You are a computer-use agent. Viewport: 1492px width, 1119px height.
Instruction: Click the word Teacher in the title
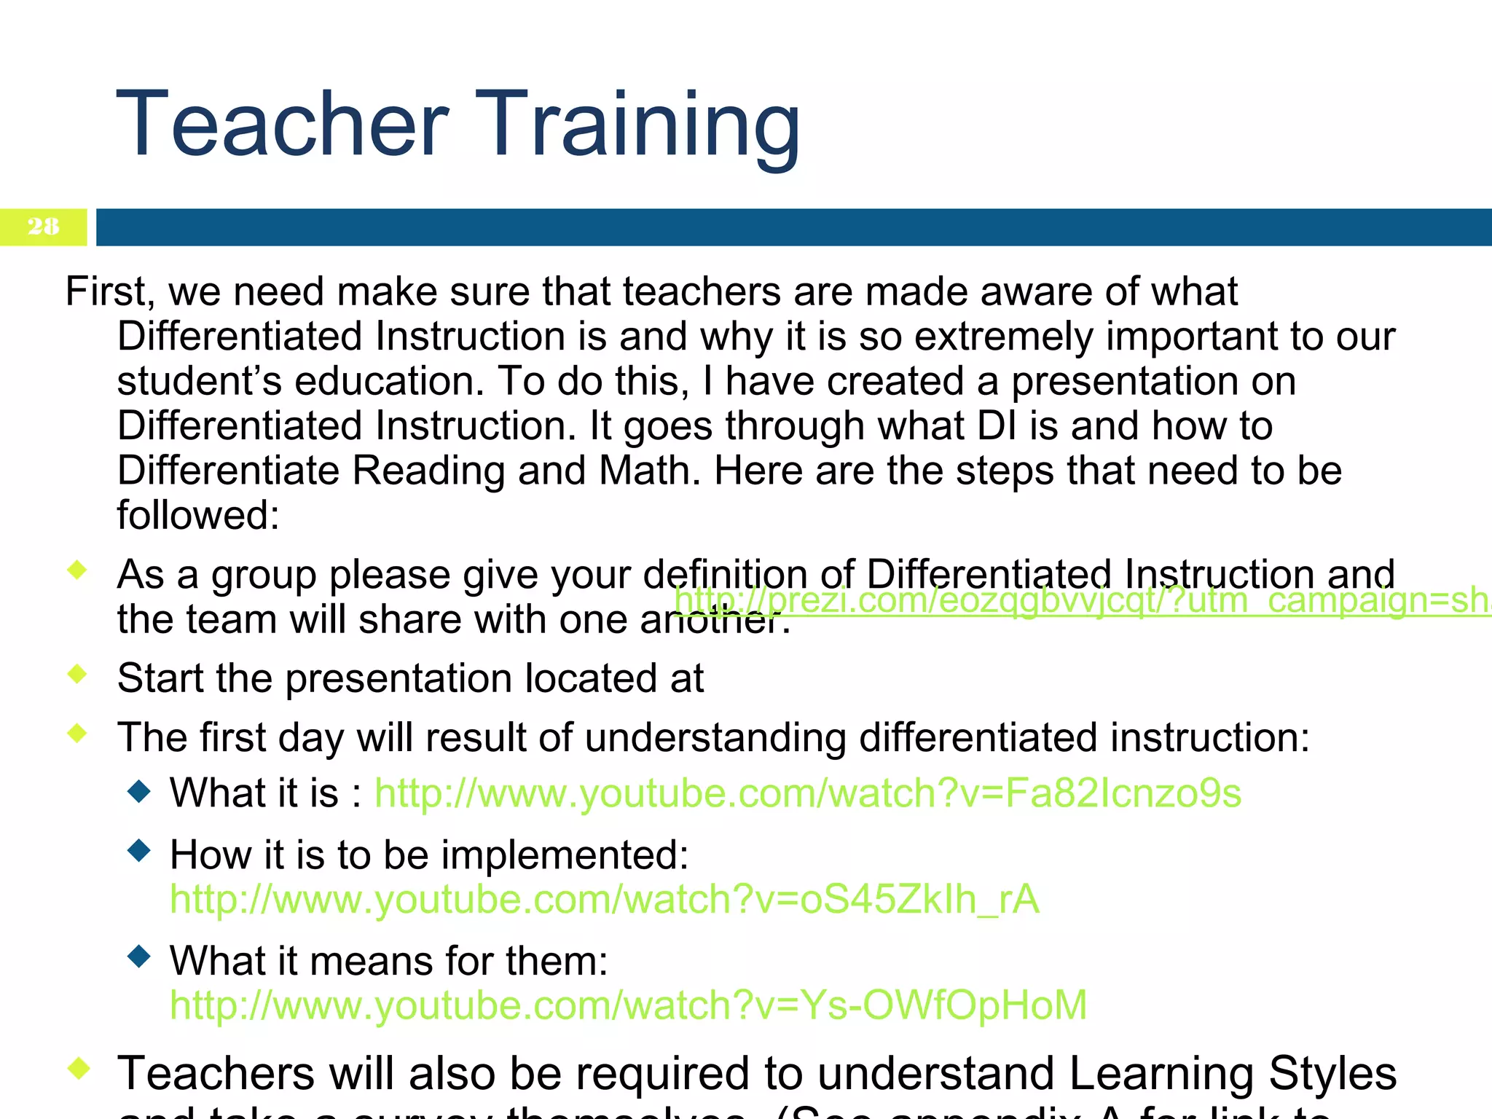point(282,124)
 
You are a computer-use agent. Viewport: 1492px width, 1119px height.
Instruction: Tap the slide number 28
point(43,227)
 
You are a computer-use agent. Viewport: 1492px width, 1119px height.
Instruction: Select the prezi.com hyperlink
point(1078,601)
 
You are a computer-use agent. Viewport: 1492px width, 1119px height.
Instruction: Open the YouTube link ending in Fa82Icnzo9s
point(807,793)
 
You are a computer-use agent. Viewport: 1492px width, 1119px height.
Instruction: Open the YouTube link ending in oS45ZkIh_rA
point(604,899)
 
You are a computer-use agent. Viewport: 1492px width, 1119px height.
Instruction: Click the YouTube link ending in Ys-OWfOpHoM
point(628,1005)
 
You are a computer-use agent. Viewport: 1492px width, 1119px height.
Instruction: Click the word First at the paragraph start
point(106,291)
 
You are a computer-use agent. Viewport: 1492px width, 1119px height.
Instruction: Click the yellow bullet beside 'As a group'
point(77,569)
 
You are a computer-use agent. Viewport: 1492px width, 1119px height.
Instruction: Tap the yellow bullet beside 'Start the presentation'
point(77,674)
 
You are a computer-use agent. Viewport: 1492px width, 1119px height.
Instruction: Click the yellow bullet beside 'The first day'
point(77,733)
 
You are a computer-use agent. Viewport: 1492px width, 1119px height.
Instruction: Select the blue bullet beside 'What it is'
point(138,790)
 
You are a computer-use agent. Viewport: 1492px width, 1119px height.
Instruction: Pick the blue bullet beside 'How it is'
point(138,850)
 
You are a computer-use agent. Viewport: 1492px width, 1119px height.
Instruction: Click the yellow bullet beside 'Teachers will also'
point(78,1069)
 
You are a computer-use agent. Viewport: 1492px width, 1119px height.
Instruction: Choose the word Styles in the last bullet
point(1332,1074)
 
